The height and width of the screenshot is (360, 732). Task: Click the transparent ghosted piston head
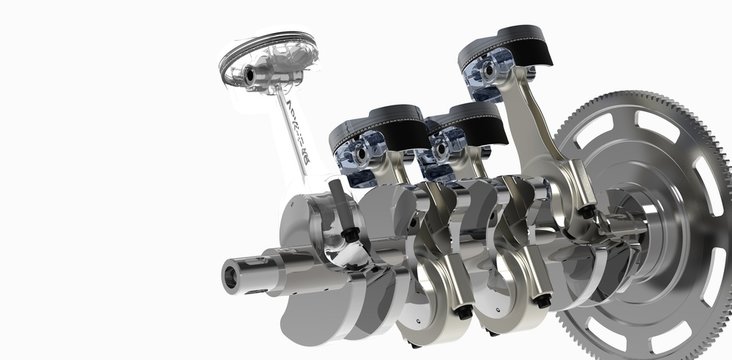click(x=266, y=58)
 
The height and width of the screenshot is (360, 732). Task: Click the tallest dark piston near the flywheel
click(x=505, y=56)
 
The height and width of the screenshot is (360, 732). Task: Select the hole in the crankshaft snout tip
click(x=234, y=270)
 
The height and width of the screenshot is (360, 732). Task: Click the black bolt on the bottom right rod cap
click(x=542, y=301)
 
